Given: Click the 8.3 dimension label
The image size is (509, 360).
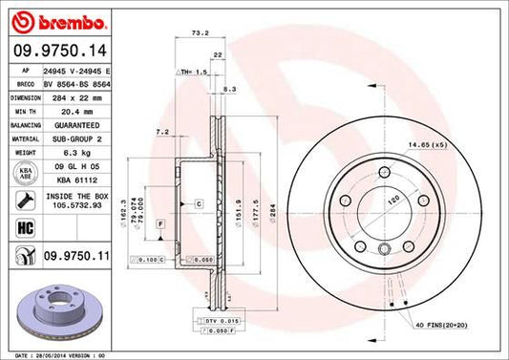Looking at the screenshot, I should (228, 88).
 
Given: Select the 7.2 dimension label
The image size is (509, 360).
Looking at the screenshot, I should (161, 131).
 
